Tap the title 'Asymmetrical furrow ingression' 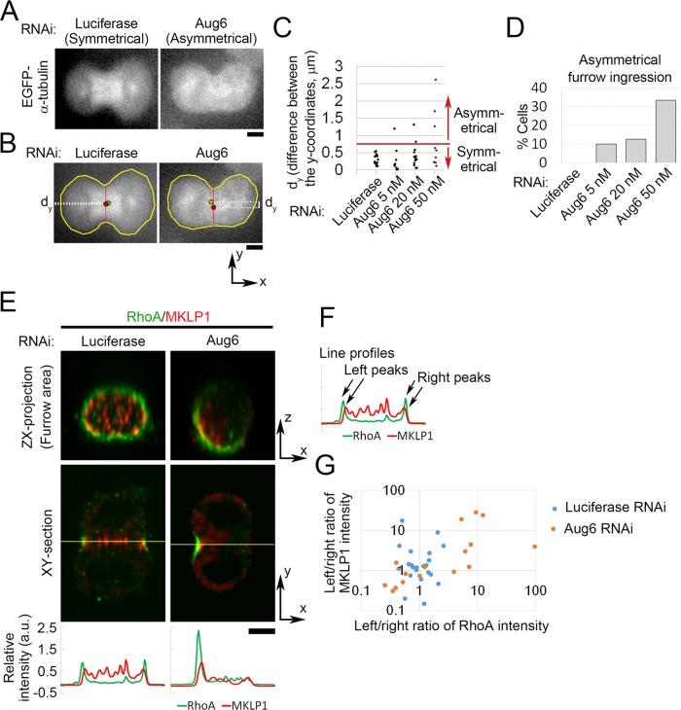597,53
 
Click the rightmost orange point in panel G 643,547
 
